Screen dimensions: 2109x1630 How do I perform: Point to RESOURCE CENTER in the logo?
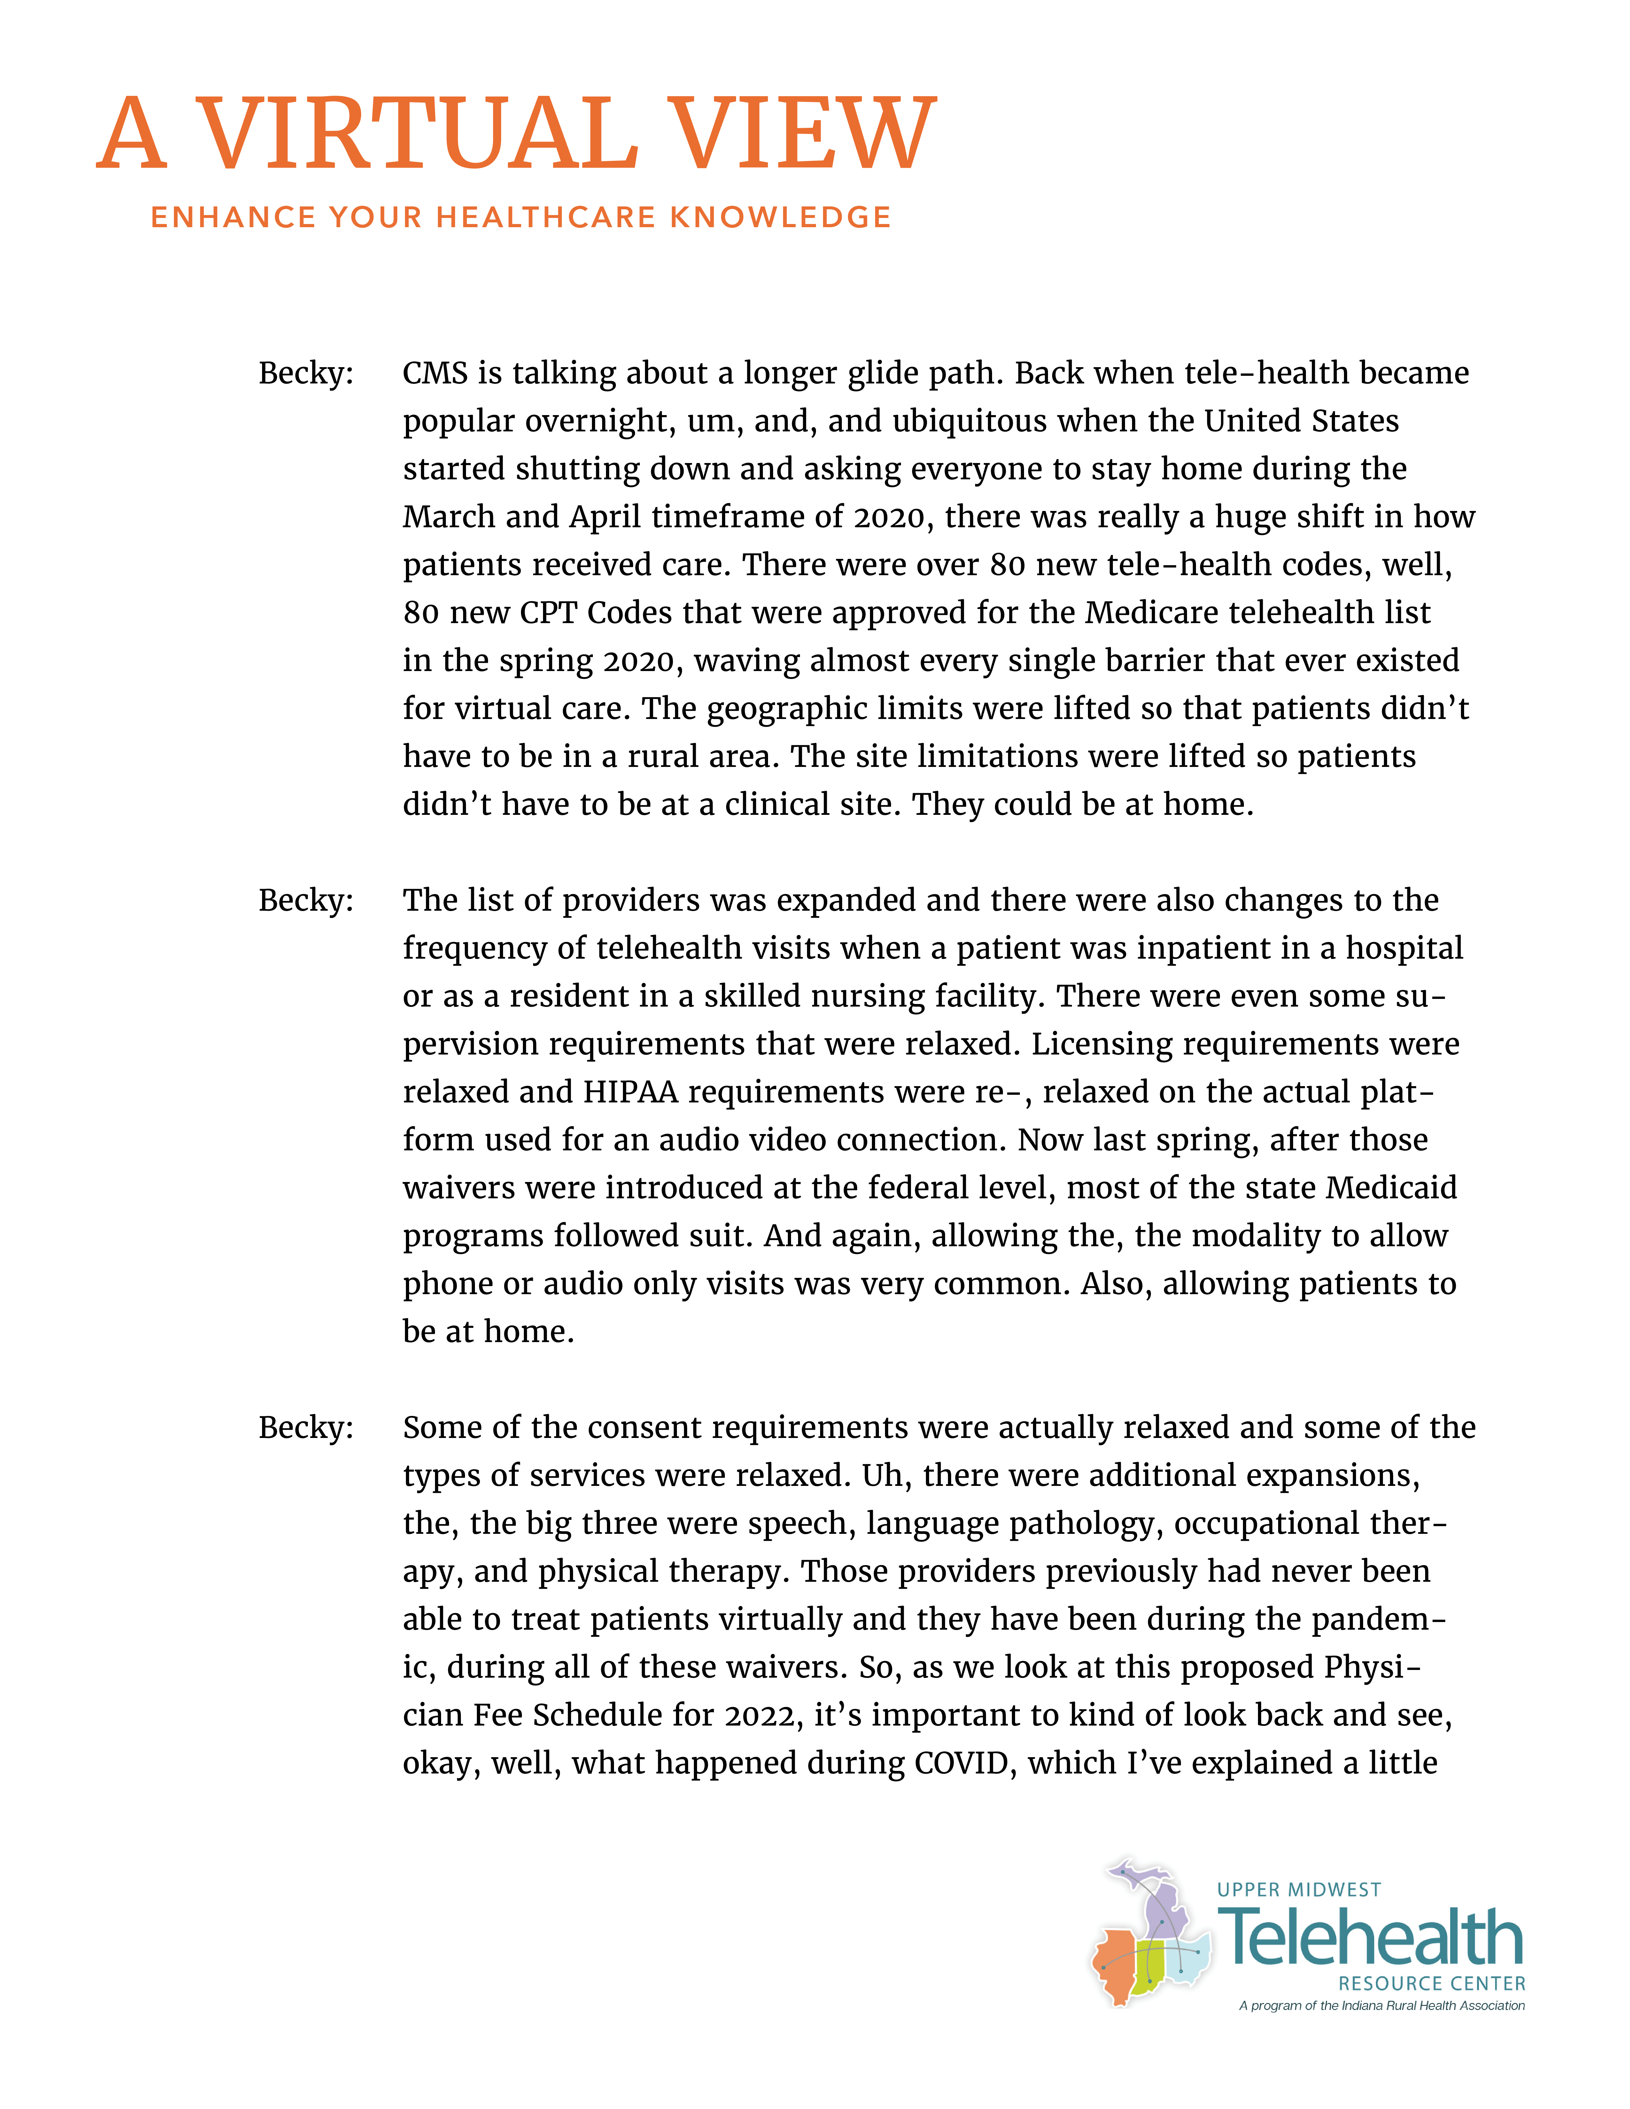click(x=1431, y=1983)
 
